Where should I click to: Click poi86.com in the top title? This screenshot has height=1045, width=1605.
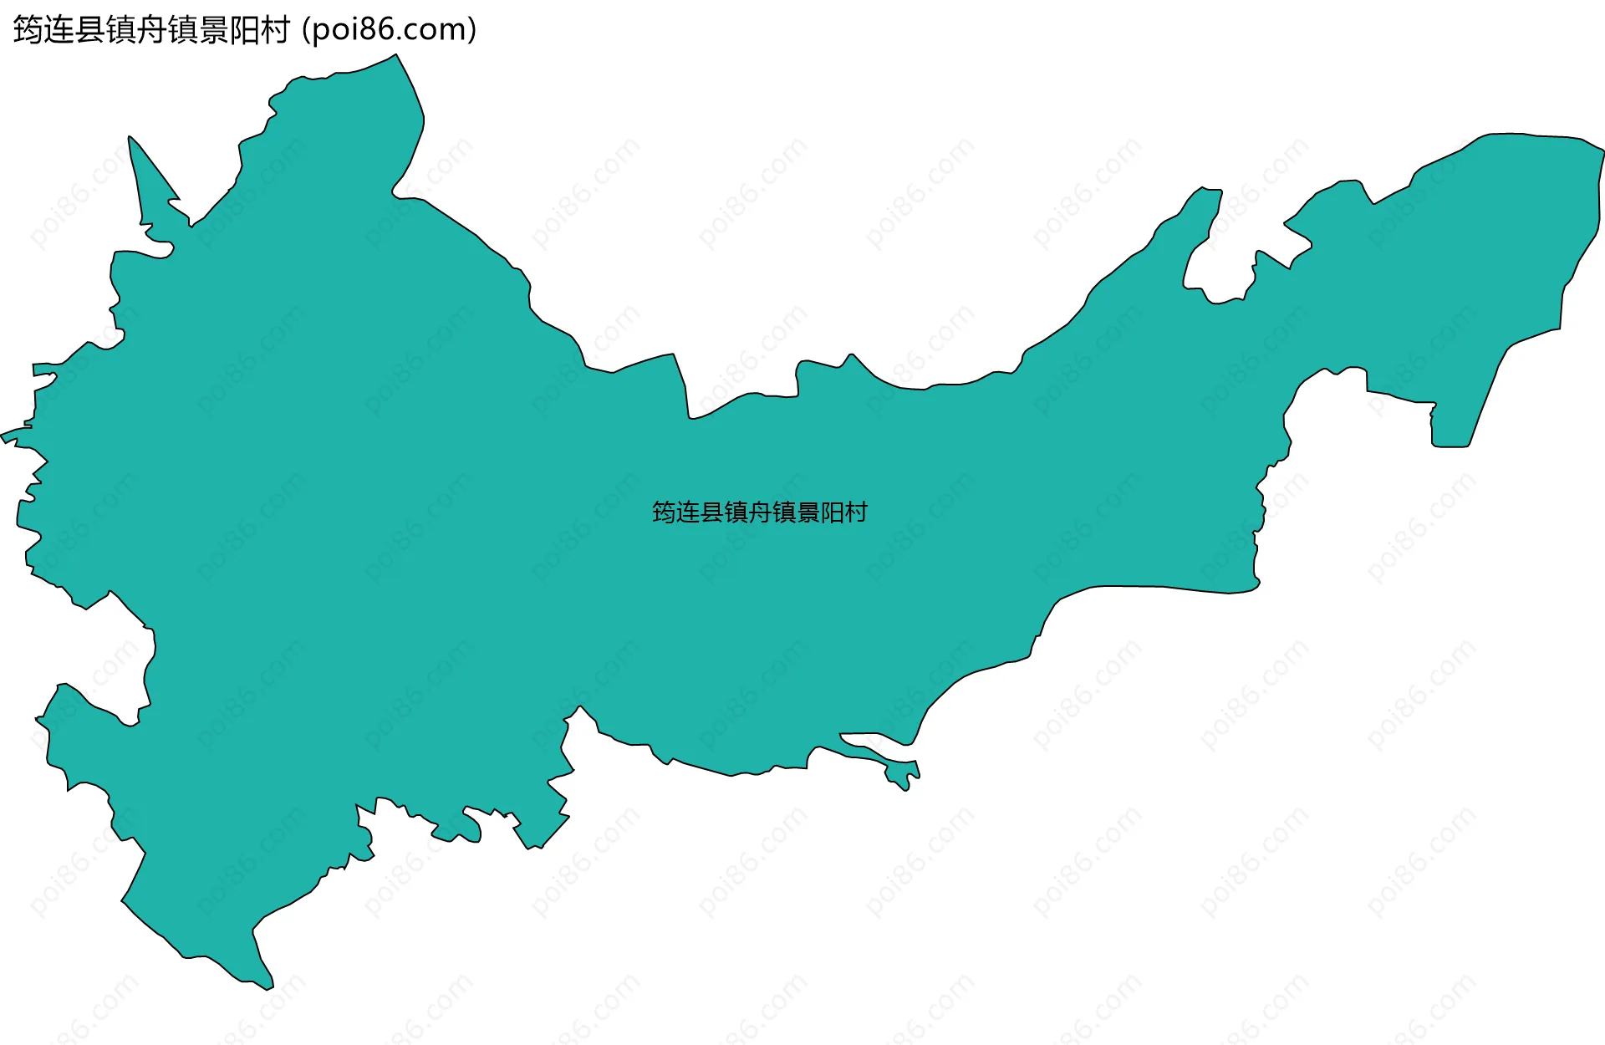coord(390,29)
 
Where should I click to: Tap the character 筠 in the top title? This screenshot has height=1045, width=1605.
coord(28,30)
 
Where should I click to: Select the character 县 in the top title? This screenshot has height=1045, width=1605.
coord(90,30)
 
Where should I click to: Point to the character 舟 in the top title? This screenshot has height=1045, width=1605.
coord(151,30)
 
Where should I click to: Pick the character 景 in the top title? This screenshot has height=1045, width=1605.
coord(213,30)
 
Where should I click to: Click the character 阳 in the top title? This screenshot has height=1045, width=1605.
coord(244,30)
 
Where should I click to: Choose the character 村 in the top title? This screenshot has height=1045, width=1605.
coord(275,30)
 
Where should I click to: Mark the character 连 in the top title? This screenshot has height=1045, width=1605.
coord(59,30)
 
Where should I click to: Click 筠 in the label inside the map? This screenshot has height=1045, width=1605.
coord(664,512)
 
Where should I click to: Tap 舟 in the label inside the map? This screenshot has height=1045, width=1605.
coord(760,512)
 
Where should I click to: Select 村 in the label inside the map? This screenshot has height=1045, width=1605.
coord(856,512)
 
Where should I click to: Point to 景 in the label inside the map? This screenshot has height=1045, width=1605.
coord(808,512)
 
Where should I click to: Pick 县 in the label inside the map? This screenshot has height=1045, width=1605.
coord(711,512)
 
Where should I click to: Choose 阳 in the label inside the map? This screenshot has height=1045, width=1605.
coord(833,512)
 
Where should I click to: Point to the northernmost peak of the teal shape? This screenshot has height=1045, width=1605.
coord(395,57)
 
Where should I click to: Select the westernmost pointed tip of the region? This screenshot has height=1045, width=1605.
coord(4,436)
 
